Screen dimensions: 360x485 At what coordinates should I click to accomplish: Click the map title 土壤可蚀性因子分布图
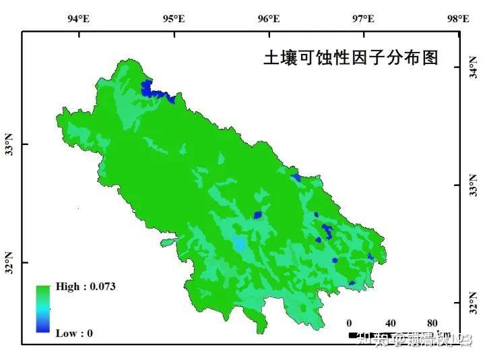coord(350,58)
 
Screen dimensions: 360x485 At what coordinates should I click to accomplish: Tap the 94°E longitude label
coord(79,19)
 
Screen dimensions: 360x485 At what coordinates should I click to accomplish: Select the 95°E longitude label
coord(174,19)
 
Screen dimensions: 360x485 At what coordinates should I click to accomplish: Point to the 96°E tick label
coord(269,19)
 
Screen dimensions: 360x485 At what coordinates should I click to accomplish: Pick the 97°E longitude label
coord(364,19)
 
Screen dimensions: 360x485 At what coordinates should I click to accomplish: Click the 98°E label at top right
coord(459,19)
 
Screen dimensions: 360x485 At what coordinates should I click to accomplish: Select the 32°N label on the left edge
coord(9,262)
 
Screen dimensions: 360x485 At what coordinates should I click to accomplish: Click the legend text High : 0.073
coord(86,287)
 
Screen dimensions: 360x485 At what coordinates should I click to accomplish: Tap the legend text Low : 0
coord(74,333)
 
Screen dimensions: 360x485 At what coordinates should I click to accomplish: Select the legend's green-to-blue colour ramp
coord(44,309)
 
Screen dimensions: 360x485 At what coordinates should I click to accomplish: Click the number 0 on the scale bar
coord(349,322)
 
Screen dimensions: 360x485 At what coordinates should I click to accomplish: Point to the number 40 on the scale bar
coord(390,322)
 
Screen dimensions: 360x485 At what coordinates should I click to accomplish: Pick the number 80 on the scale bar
coord(432,322)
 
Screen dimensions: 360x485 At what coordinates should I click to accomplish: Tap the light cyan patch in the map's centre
coord(239,243)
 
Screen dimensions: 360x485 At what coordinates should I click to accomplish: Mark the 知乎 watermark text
coord(376,339)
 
